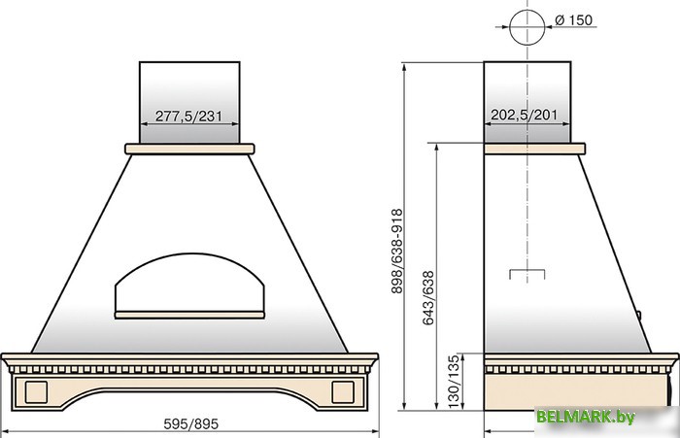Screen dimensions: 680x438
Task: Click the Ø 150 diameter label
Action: pos(573,20)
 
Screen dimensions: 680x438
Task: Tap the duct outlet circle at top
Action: pos(510,27)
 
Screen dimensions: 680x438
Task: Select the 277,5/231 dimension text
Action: pos(188,117)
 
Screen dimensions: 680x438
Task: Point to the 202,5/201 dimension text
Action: pos(524,115)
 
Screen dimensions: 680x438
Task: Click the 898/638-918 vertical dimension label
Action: pos(396,252)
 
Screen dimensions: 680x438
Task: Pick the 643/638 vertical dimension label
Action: pos(427,297)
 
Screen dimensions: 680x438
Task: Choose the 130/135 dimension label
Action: pos(453,382)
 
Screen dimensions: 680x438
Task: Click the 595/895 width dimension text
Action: pos(190,423)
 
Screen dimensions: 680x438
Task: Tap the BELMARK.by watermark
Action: pos(586,417)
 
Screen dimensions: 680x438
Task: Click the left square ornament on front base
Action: pos(36,392)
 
